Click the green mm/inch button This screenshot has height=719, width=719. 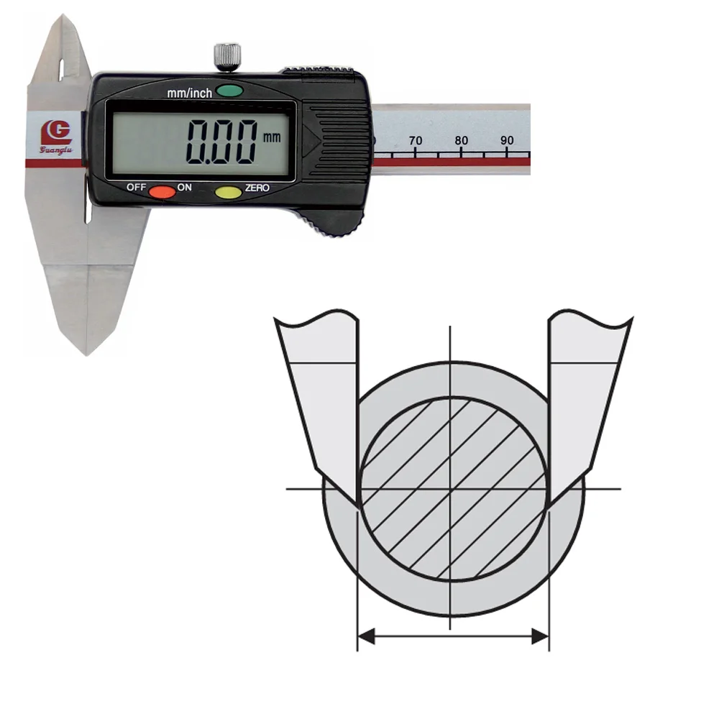click(229, 91)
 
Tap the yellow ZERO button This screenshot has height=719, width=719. click(229, 193)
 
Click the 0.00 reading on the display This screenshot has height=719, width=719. click(221, 142)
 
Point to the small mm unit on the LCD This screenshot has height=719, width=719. click(272, 137)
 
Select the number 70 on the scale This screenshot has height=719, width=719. click(416, 140)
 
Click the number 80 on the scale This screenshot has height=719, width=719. click(462, 140)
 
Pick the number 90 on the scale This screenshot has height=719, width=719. click(507, 140)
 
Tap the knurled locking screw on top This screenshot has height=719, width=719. click(227, 57)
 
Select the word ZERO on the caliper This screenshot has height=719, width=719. click(257, 188)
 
